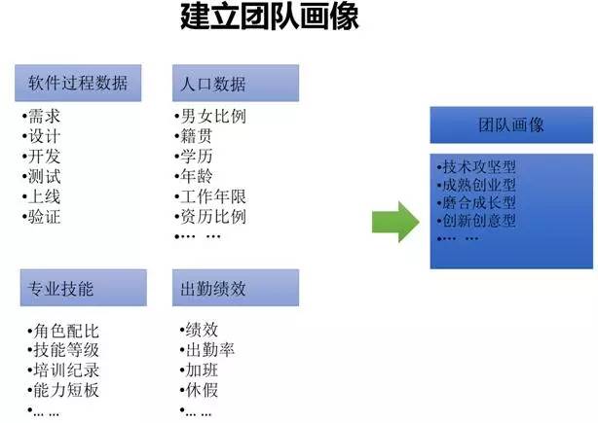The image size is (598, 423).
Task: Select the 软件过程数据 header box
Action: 78,83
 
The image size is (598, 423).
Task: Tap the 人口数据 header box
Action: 234,83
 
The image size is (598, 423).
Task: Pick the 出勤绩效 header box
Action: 234,288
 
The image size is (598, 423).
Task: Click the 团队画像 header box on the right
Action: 511,125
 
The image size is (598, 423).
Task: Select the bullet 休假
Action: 198,390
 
